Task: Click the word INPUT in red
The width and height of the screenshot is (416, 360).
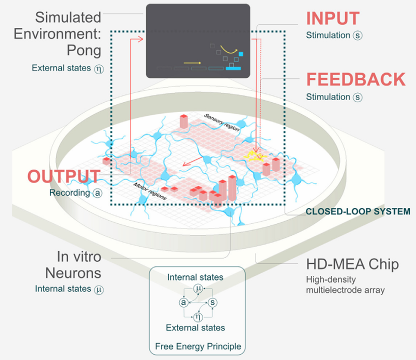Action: tap(332, 18)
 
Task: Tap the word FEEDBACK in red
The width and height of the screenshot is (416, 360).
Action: tap(355, 80)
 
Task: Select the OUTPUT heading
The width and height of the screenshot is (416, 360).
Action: tap(63, 176)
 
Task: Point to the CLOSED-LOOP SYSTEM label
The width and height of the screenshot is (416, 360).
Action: tap(358, 211)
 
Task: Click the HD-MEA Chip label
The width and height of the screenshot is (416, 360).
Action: tap(352, 263)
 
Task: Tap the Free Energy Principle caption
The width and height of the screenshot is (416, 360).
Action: tap(198, 346)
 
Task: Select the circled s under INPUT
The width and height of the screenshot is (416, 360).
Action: tap(357, 35)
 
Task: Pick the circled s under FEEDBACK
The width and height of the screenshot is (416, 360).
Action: tap(357, 97)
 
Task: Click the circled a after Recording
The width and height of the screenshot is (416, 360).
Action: tap(96, 192)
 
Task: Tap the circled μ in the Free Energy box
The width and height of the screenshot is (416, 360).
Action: tap(197, 289)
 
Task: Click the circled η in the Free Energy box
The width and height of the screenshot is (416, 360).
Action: tap(197, 316)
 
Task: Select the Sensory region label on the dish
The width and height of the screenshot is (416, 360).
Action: tap(221, 121)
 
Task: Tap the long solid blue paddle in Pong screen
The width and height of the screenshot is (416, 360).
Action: tap(233, 68)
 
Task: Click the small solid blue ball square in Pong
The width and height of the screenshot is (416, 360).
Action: tap(241, 53)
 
